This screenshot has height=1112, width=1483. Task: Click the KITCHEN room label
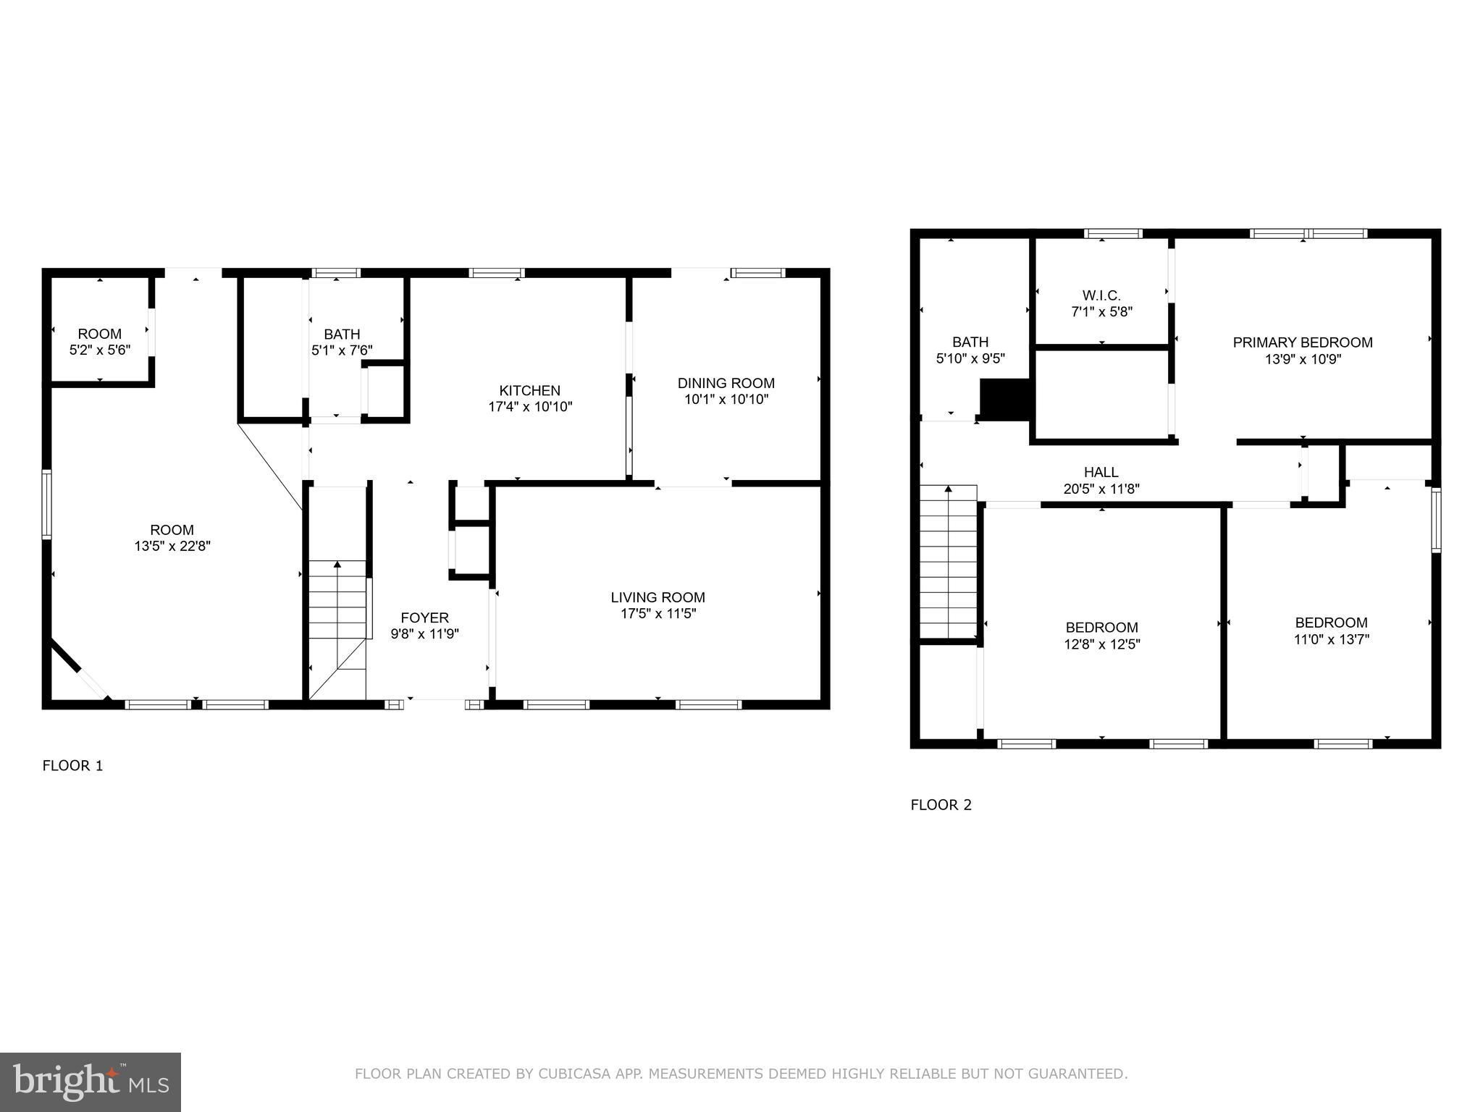[x=529, y=391]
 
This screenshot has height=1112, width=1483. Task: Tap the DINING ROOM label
[x=726, y=383]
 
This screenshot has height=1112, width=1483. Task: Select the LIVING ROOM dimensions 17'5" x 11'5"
[x=658, y=614]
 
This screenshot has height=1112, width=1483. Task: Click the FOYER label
[x=424, y=618]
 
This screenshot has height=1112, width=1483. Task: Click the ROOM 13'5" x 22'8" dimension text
[x=172, y=547]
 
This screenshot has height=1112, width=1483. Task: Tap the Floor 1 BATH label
[x=341, y=334]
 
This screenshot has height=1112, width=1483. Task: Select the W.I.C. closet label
[x=1101, y=295]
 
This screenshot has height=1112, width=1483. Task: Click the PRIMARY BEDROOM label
[x=1302, y=342]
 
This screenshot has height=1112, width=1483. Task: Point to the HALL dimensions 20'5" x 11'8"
[x=1101, y=489]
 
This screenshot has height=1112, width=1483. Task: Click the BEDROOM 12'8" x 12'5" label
[x=1101, y=628]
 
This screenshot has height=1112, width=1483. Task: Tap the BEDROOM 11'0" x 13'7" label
[x=1331, y=623]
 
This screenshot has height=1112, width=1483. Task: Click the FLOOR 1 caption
[x=72, y=766]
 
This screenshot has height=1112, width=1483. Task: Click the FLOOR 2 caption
[x=941, y=805]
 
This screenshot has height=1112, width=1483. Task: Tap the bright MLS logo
[x=91, y=1082]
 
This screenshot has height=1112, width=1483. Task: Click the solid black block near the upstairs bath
[x=1004, y=399]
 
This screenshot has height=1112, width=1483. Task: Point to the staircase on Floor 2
[x=949, y=562]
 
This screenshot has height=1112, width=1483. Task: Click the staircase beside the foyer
[x=337, y=615]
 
